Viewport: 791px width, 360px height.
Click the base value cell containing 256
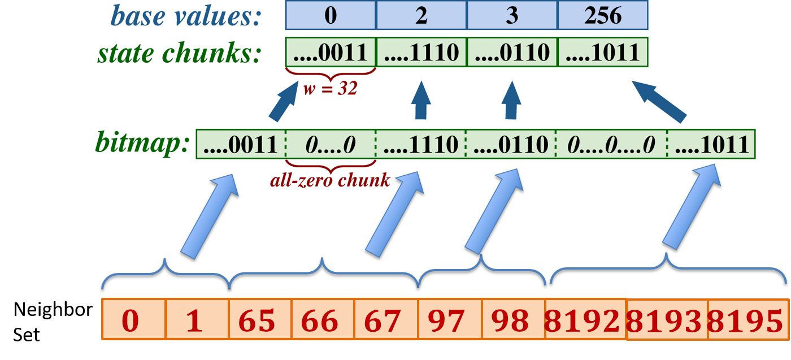click(603, 15)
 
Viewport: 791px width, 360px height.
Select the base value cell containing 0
click(331, 15)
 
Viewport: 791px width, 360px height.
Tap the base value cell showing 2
click(421, 15)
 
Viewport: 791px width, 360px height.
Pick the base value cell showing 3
click(512, 15)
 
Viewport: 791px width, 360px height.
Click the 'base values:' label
click(186, 16)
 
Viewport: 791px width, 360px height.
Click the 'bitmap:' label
click(142, 144)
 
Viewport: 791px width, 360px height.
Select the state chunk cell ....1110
click(421, 53)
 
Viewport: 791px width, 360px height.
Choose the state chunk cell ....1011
click(603, 53)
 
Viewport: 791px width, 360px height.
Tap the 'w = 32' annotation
click(330, 89)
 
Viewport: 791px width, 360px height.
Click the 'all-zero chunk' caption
click(330, 180)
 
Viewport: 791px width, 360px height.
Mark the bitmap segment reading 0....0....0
click(611, 145)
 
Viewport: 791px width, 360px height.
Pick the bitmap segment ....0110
click(511, 145)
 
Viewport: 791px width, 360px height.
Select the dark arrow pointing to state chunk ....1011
click(658, 101)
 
